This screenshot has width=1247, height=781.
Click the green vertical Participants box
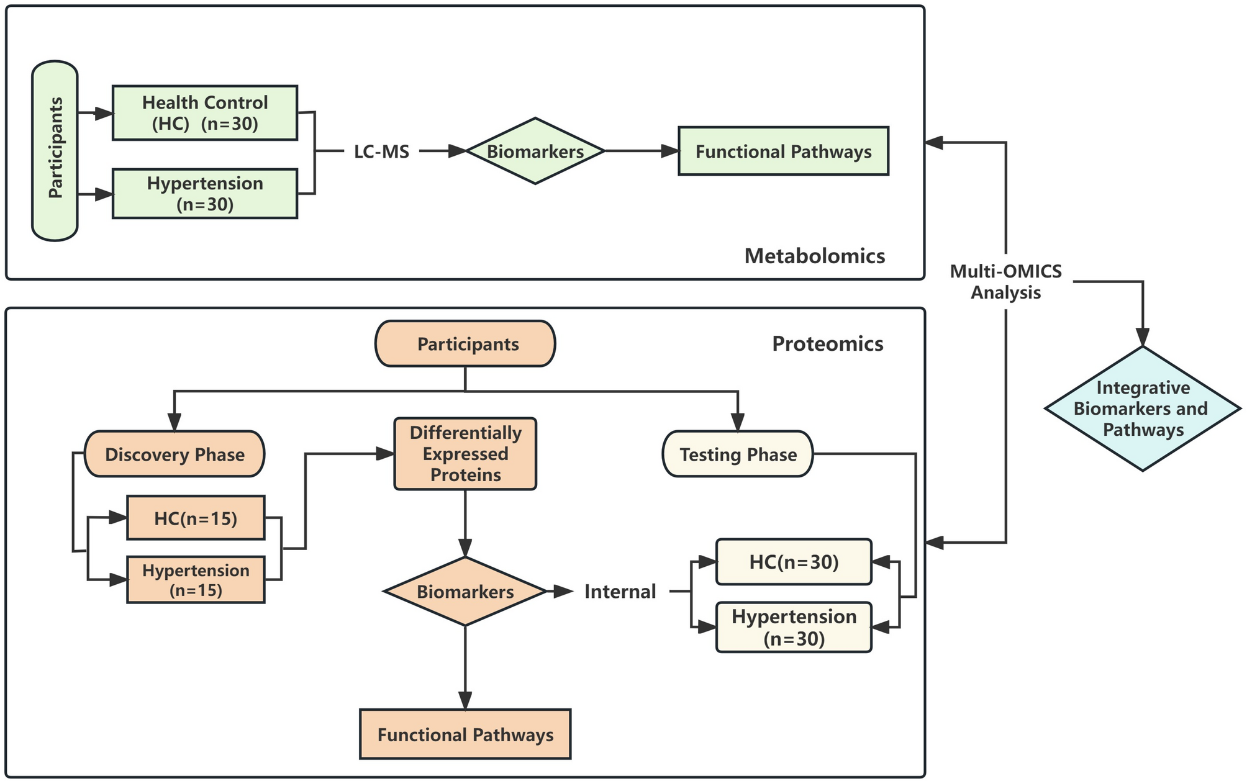click(55, 150)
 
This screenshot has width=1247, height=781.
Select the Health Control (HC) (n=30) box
click(205, 112)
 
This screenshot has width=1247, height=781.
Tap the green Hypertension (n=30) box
click(205, 194)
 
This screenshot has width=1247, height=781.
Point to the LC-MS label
click(381, 151)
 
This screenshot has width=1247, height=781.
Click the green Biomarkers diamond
click(535, 151)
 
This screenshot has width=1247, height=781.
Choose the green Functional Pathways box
click(783, 151)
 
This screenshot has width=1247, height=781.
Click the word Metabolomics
click(815, 256)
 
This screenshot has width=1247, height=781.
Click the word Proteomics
click(827, 344)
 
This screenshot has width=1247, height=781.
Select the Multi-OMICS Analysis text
click(1005, 282)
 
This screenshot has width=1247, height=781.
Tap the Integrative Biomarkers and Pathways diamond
click(1143, 409)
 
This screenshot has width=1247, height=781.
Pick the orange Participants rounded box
click(465, 344)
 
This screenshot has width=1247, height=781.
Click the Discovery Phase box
click(175, 454)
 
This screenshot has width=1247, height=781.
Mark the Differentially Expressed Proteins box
click(465, 454)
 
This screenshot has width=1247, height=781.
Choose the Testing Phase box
click(738, 454)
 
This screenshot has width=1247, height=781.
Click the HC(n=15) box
click(196, 518)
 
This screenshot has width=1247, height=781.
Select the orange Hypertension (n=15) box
click(196, 580)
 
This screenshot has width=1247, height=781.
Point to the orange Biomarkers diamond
click(465, 591)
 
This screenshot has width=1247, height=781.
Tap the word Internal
click(620, 592)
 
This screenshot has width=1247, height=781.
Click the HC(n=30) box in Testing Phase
click(794, 562)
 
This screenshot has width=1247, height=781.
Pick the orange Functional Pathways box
click(465, 734)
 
